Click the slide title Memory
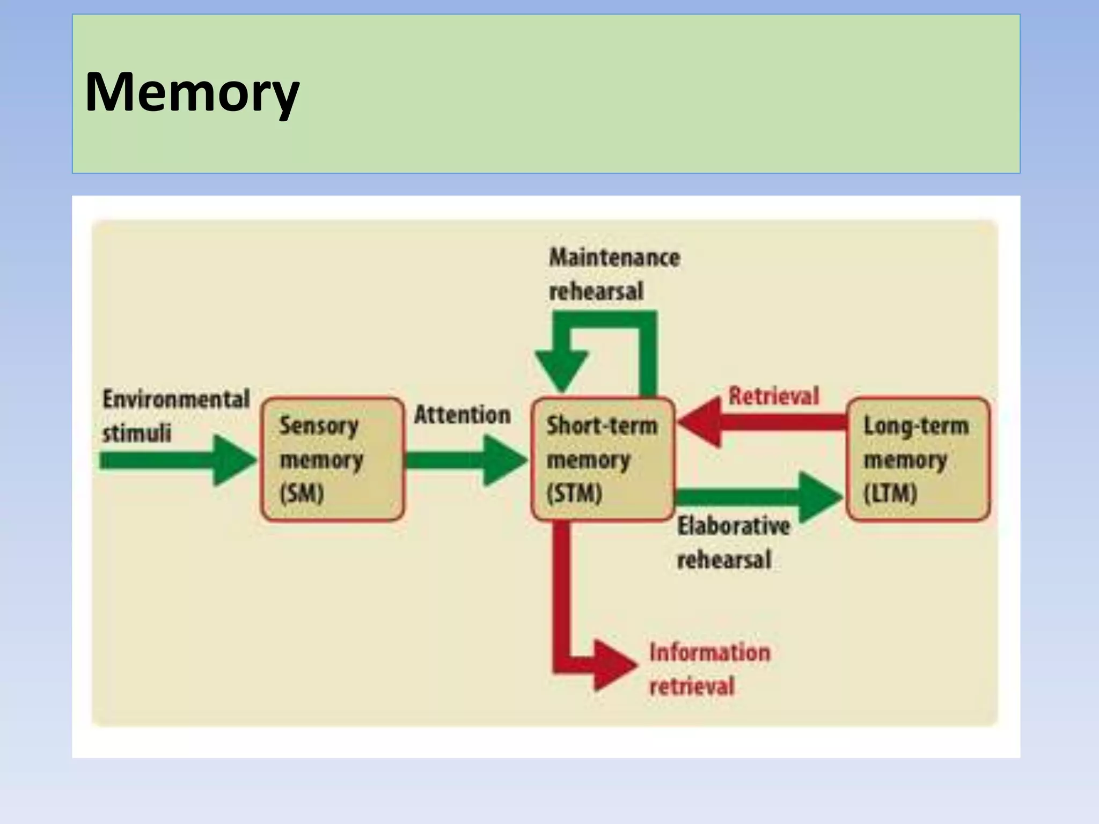192,92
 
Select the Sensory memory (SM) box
332,459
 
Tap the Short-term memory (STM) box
602,459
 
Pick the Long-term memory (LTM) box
918,459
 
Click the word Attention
462,415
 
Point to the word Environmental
176,399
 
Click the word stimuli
136,433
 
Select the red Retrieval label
773,396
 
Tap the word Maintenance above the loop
614,257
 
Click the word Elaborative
733,526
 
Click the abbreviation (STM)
574,493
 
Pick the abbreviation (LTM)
890,493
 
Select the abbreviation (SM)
302,493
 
